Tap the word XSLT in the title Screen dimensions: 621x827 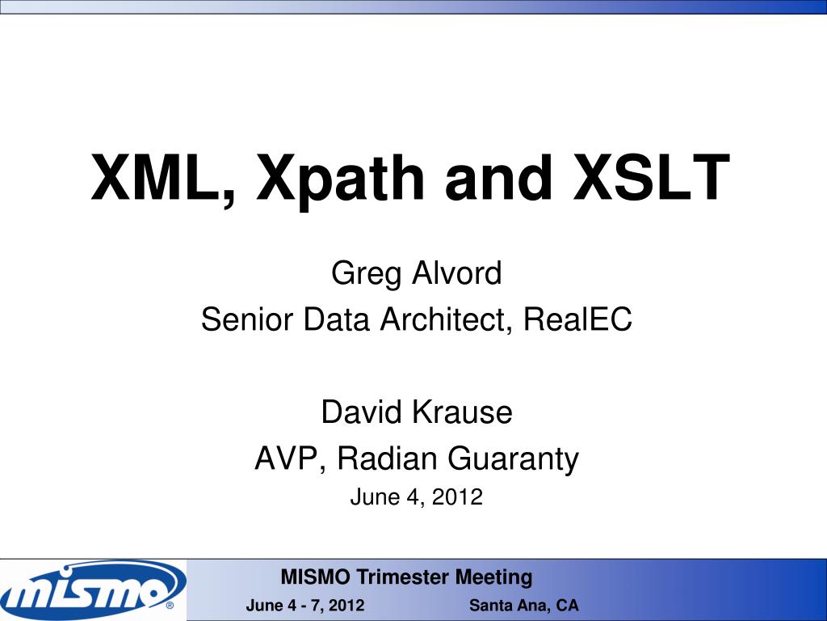pyautogui.click(x=652, y=178)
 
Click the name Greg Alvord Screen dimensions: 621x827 pyautogui.click(x=416, y=274)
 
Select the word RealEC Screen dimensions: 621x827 pyautogui.click(x=577, y=320)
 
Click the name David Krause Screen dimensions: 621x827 pyautogui.click(x=416, y=412)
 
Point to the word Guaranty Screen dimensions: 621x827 pyautogui.click(x=514, y=459)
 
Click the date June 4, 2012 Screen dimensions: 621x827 pyautogui.click(x=416, y=498)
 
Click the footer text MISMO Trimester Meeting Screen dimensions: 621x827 pyautogui.click(x=406, y=577)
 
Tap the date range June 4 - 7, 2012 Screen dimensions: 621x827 pyautogui.click(x=304, y=606)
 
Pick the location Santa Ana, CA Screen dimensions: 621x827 pyautogui.click(x=524, y=606)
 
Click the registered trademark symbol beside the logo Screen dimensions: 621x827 pyautogui.click(x=170, y=605)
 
